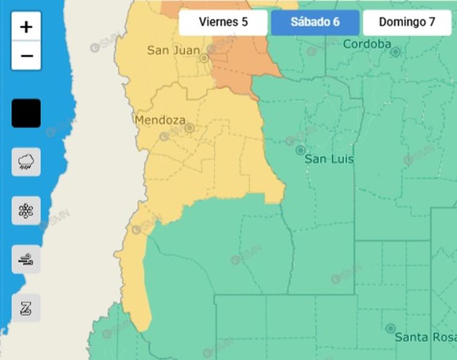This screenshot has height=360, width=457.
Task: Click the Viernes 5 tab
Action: point(223,23)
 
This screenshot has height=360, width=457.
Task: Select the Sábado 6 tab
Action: point(315,23)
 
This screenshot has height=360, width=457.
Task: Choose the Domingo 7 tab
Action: point(407,23)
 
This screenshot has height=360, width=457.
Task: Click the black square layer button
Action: point(26,113)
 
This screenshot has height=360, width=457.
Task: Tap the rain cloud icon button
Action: point(26,162)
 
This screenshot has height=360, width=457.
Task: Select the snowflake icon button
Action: point(26,210)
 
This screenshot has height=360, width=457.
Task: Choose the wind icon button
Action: point(26,259)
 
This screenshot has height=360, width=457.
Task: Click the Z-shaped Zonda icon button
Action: point(26,308)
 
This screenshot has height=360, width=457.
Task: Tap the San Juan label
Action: point(173,50)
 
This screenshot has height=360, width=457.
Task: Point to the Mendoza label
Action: point(159,120)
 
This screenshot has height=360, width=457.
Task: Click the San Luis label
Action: point(329,159)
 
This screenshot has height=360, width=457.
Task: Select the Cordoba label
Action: point(367,44)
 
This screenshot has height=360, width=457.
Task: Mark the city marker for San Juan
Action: point(204,58)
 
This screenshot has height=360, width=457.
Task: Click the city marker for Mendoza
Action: point(189,128)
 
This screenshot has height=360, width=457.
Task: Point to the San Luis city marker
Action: point(301,150)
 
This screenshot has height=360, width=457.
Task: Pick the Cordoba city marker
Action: point(395,52)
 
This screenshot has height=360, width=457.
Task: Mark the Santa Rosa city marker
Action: point(390,328)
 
